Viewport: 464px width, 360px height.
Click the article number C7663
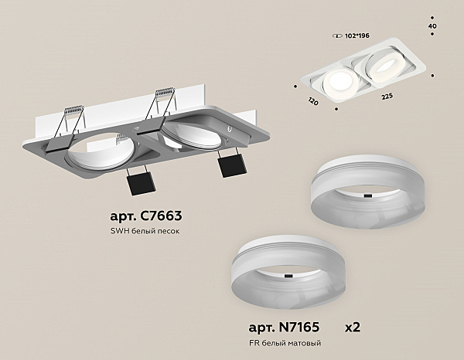pyautogui.click(x=146, y=216)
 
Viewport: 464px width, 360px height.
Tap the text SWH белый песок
pyautogui.click(x=145, y=231)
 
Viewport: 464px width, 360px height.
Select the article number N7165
pyautogui.click(x=284, y=328)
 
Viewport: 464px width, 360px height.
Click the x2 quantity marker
pyautogui.click(x=353, y=328)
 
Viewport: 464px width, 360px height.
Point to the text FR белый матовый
pyautogui.click(x=285, y=343)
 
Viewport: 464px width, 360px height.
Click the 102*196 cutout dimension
pyautogui.click(x=357, y=36)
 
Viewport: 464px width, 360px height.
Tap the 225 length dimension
pyautogui.click(x=387, y=97)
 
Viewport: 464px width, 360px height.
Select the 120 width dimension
pyautogui.click(x=313, y=100)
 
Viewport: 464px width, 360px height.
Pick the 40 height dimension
pyautogui.click(x=432, y=26)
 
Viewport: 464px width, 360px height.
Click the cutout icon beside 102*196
pyautogui.click(x=338, y=36)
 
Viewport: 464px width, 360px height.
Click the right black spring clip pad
pyautogui.click(x=232, y=165)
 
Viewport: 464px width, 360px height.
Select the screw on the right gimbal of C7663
pyautogui.click(x=229, y=128)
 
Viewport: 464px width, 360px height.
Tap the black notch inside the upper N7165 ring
pyautogui.click(x=367, y=195)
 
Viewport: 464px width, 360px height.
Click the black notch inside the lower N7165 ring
pyautogui.click(x=288, y=276)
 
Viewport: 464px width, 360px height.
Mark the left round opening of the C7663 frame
pyautogui.click(x=101, y=151)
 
